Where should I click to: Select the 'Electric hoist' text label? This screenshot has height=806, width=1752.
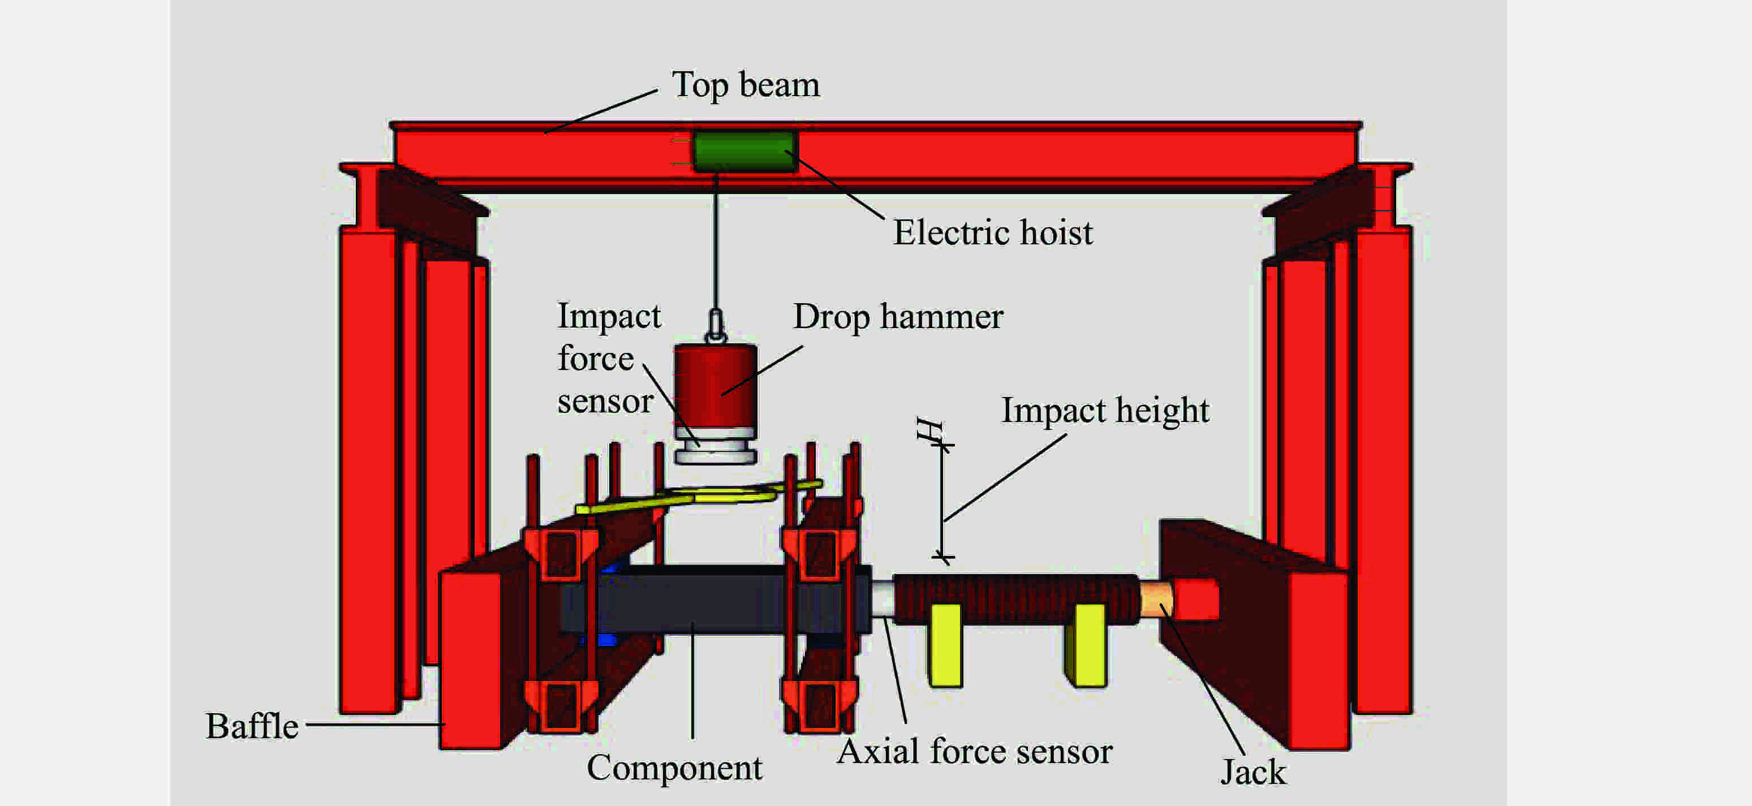(x=992, y=233)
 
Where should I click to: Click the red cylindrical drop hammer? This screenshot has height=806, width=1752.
(x=716, y=386)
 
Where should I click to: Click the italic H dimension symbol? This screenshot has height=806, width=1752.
(x=929, y=429)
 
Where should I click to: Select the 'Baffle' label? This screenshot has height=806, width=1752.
(x=252, y=726)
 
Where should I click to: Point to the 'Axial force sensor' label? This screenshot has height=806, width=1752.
(x=974, y=752)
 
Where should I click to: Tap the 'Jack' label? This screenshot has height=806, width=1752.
(x=1253, y=773)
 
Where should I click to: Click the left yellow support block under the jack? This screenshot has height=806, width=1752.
(x=945, y=645)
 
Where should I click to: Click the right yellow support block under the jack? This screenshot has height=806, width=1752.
(x=1087, y=645)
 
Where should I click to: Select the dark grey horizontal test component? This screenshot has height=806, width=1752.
(x=714, y=601)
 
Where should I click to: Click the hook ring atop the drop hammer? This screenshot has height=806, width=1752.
(x=716, y=326)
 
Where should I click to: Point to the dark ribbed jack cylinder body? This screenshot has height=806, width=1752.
(x=1016, y=598)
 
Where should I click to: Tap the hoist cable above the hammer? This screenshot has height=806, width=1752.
(x=716, y=242)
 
